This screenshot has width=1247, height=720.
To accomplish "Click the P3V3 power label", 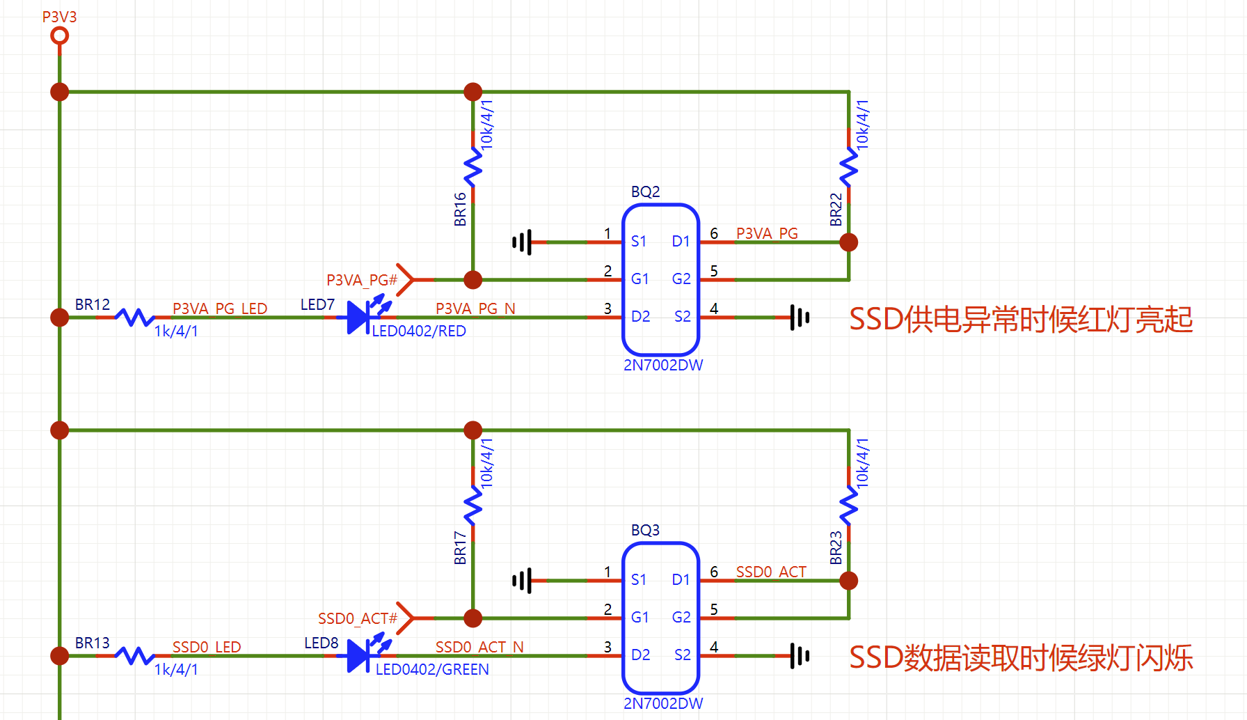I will (59, 17).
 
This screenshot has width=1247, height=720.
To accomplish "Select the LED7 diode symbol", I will (359, 318).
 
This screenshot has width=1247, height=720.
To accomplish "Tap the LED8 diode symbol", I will (359, 656).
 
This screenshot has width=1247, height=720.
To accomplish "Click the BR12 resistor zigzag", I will (134, 318).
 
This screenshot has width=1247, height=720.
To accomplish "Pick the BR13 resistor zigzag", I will (134, 656).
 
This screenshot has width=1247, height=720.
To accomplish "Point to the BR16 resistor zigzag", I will (473, 168).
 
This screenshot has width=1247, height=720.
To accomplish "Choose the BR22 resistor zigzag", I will (849, 168).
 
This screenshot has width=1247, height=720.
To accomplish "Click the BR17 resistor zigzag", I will (473, 506).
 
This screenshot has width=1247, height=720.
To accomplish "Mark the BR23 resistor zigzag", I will (849, 506).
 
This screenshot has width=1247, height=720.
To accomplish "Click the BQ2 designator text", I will (645, 191).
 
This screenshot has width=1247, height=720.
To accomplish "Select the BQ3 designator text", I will (645, 530).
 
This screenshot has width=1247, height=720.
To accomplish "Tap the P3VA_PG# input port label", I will (362, 280).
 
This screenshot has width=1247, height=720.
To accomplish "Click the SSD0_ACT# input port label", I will (358, 618).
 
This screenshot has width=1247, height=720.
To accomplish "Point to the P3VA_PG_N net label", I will (475, 308).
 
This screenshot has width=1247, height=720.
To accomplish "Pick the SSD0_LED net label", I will (207, 647).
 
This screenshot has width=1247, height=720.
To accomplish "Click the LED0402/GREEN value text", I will (432, 669).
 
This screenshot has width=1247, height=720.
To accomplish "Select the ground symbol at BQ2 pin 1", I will (522, 242).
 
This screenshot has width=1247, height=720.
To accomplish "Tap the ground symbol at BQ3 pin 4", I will (799, 656).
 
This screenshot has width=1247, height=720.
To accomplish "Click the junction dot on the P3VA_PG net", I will (849, 242).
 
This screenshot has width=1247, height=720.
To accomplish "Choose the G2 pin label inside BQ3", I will (681, 617).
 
